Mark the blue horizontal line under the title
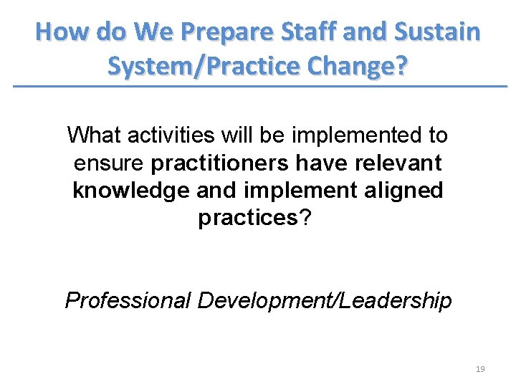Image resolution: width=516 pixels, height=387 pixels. tap(258, 87)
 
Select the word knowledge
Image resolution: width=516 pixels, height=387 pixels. tap(128, 191)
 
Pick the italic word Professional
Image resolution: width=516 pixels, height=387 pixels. tap(128, 300)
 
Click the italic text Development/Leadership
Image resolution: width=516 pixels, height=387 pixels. tap(325, 300)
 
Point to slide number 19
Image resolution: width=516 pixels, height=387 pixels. tap(480, 369)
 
